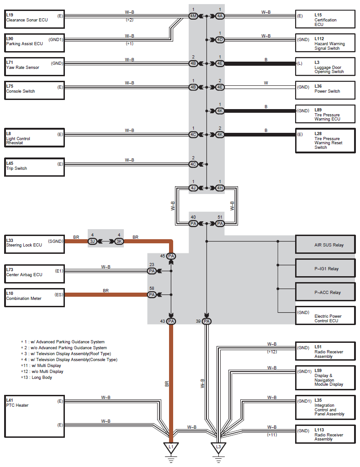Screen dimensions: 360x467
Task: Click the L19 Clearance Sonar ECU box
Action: click(x=34, y=19)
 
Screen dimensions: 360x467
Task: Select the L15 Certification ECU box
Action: click(x=325, y=19)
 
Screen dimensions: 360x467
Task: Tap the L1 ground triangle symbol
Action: click(x=171, y=448)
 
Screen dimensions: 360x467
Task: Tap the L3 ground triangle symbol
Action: click(x=218, y=448)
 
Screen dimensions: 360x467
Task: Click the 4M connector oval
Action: click(x=193, y=16)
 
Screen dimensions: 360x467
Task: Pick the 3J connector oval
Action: click(x=92, y=241)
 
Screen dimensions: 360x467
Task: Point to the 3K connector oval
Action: click(x=119, y=241)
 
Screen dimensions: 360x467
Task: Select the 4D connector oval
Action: click(x=220, y=40)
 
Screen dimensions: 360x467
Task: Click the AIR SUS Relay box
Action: click(x=325, y=245)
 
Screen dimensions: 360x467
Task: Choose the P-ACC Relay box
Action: click(x=325, y=292)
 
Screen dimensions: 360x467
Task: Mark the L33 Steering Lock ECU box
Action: click(x=34, y=245)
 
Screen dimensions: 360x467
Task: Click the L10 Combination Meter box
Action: click(x=34, y=298)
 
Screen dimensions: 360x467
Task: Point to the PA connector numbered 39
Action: click(x=206, y=321)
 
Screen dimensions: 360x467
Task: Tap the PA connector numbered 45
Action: click(x=171, y=256)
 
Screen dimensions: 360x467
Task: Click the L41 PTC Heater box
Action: click(x=34, y=416)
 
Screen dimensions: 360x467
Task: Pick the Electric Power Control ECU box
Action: click(x=325, y=315)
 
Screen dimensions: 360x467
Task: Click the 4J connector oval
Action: click(x=193, y=188)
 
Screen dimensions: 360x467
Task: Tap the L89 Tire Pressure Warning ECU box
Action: click(x=325, y=114)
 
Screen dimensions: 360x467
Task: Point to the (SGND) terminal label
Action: click(x=55, y=241)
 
